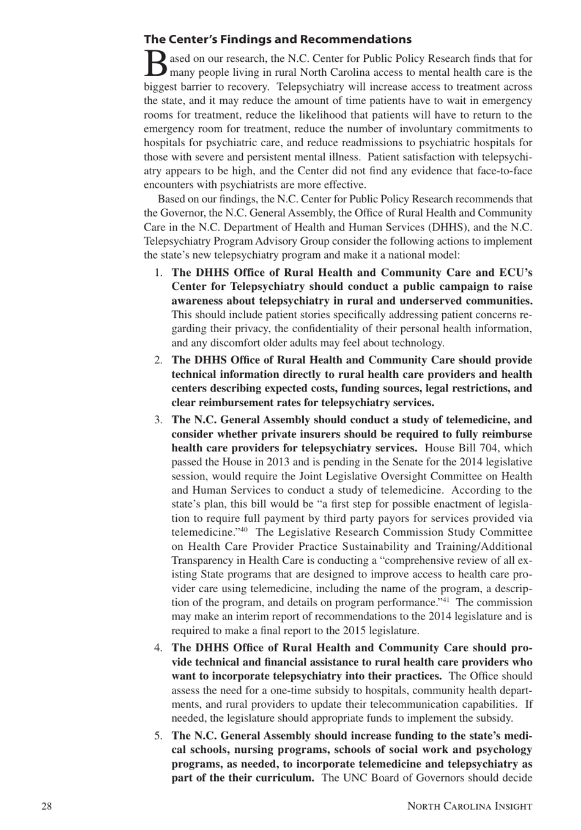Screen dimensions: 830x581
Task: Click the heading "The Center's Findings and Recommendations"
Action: point(277,40)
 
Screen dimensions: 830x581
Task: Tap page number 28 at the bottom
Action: point(46,806)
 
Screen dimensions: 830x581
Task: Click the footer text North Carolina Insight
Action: point(469,806)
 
